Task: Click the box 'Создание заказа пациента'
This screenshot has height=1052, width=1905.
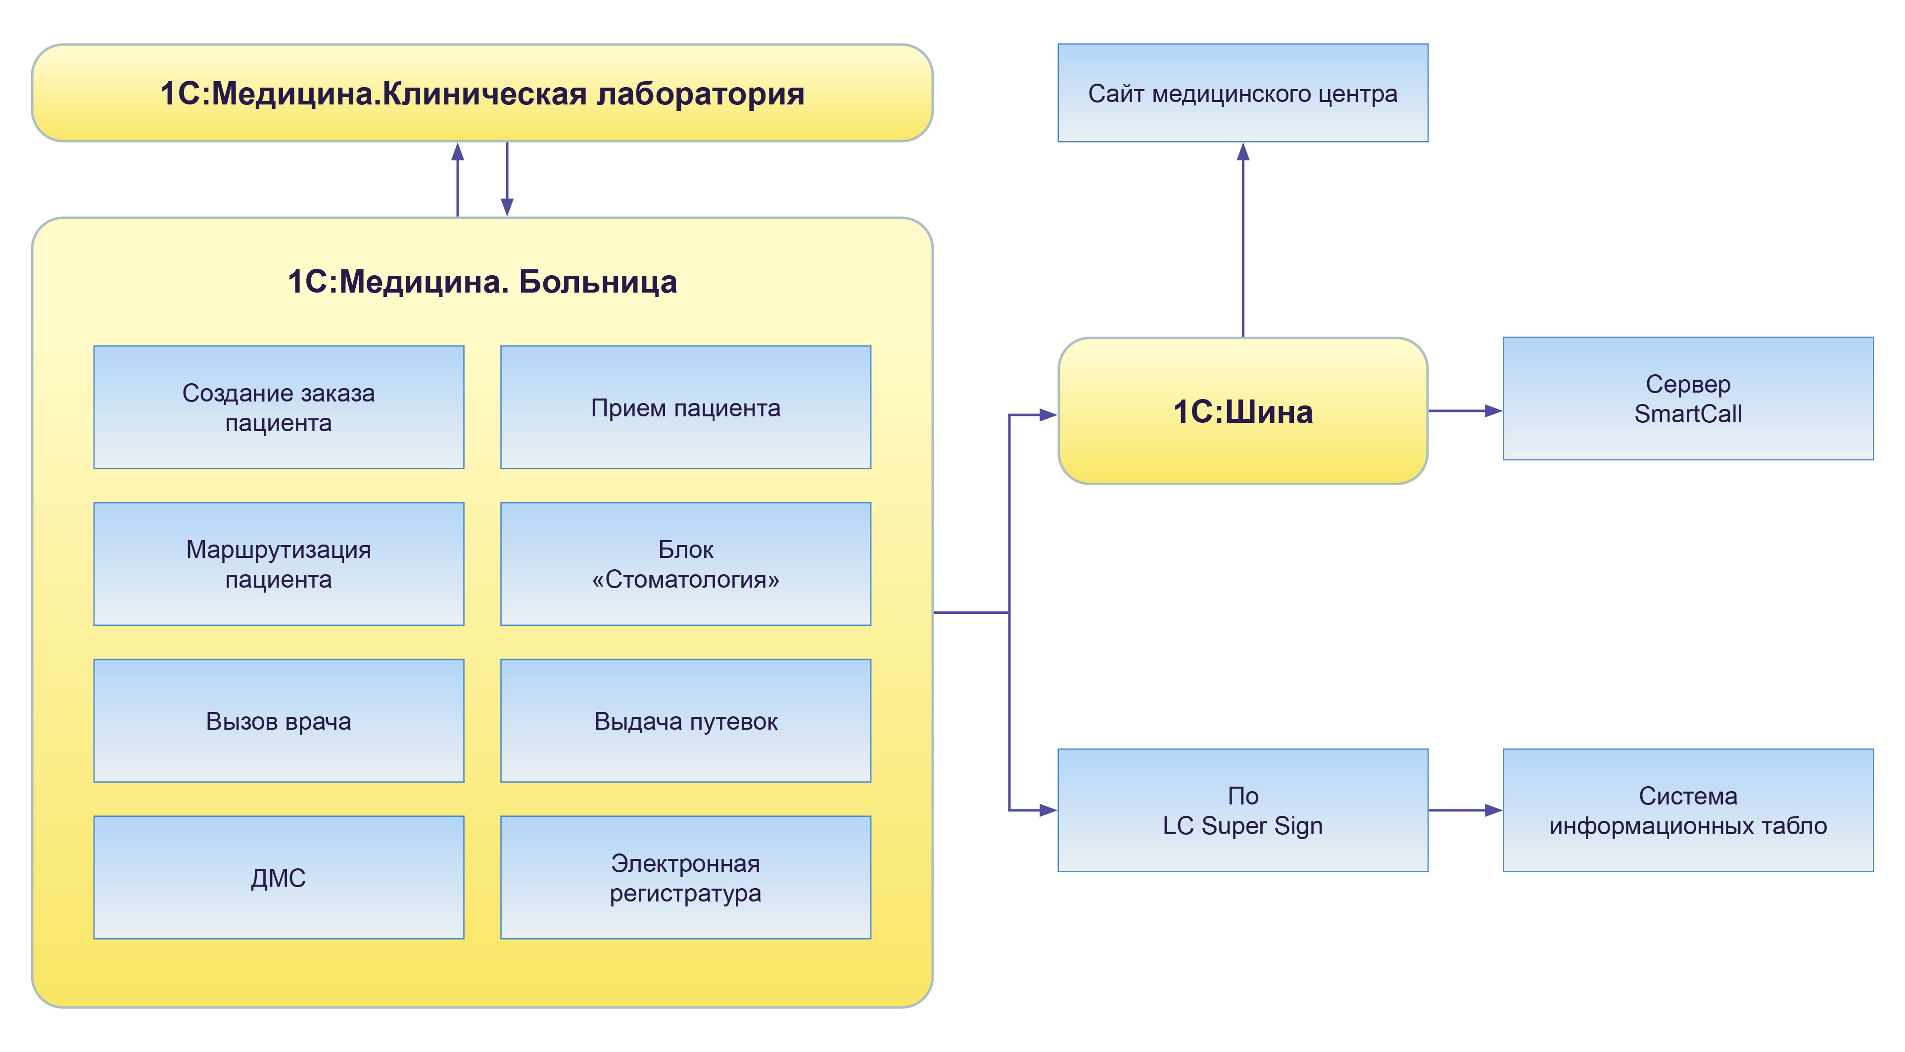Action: click(278, 407)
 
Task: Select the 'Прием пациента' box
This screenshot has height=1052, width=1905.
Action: click(685, 407)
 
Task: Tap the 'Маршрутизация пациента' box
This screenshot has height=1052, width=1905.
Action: click(278, 564)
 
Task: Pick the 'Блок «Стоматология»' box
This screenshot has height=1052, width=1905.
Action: click(685, 564)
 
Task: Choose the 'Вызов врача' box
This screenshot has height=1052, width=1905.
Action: click(278, 721)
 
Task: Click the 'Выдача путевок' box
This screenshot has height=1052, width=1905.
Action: click(685, 721)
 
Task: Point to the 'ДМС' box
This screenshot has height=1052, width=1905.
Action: click(278, 877)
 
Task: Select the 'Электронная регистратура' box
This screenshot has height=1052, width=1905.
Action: click(685, 877)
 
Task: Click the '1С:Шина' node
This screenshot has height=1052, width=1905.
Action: click(1242, 411)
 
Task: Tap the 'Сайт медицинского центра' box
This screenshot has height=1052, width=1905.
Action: click(1242, 93)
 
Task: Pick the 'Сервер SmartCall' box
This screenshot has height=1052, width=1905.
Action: click(1688, 399)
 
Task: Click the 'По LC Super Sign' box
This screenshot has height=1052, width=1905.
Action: click(1242, 810)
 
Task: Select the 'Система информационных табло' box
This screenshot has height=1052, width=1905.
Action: click(1688, 810)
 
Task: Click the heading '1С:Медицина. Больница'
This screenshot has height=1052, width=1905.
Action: click(482, 282)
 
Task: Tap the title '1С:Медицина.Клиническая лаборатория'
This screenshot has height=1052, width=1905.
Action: click(482, 93)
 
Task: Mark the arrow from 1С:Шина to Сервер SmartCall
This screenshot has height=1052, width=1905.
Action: click(1464, 410)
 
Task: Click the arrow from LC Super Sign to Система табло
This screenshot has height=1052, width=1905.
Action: click(1464, 810)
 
